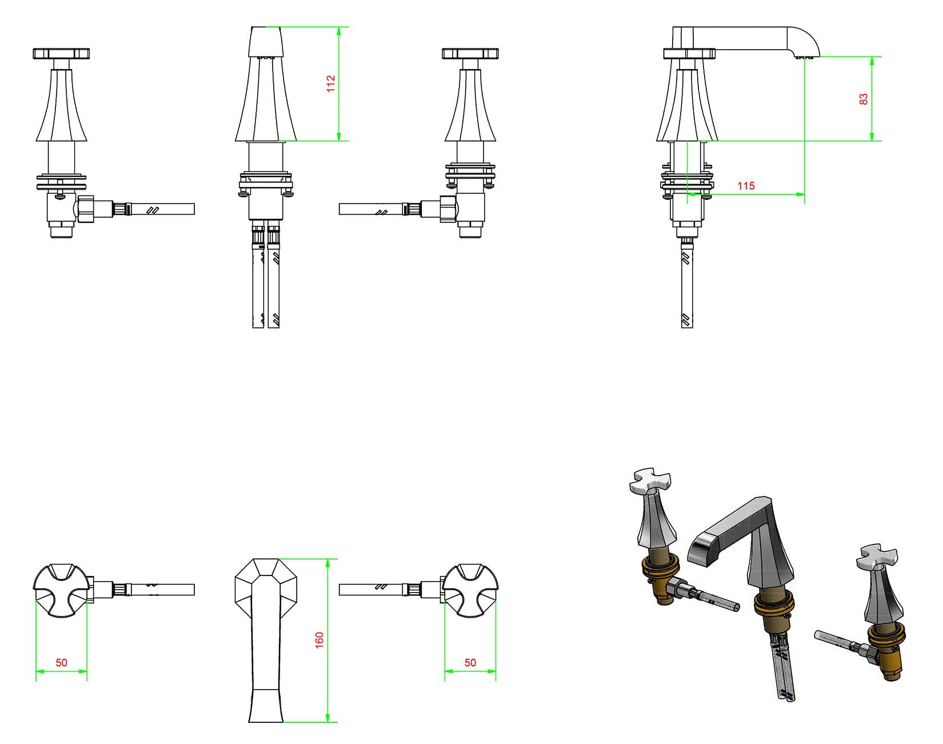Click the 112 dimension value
coord(331,83)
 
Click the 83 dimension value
coord(864,99)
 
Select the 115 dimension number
coord(746,186)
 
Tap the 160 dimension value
coord(319,639)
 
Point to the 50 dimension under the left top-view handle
coord(61,663)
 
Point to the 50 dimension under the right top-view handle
coord(470,663)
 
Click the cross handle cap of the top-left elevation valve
coord(62,54)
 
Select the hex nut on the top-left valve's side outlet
coord(85,209)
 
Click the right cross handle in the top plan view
coord(471,590)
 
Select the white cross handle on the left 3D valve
coord(650,481)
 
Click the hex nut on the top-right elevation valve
coord(449,209)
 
